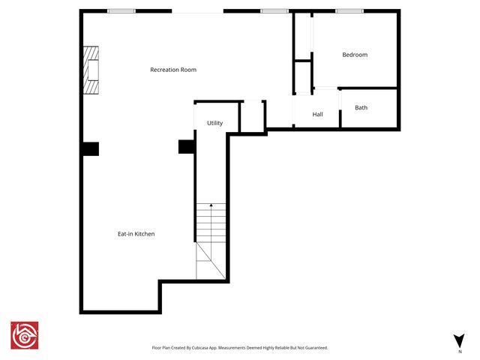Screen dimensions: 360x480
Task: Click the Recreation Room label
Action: click(173, 70)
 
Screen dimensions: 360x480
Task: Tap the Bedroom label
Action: click(355, 55)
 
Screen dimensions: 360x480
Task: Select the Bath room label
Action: click(361, 108)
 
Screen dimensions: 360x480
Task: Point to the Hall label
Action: click(317, 115)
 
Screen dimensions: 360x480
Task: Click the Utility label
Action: click(214, 123)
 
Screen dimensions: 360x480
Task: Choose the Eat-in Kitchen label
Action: click(136, 234)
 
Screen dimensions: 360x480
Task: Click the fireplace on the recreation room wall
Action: click(91, 70)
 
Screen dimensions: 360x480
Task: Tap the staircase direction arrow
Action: click(211, 205)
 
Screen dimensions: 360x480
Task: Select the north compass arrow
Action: click(459, 340)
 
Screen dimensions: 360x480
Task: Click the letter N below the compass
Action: click(459, 351)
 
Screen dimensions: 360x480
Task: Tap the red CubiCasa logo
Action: click(24, 336)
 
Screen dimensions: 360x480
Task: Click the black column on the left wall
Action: click(90, 148)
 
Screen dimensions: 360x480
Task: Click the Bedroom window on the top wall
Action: click(349, 11)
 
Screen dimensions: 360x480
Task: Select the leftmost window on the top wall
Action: click(121, 11)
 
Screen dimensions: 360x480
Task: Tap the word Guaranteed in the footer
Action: click(313, 348)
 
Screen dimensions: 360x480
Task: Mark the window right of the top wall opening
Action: click(274, 11)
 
